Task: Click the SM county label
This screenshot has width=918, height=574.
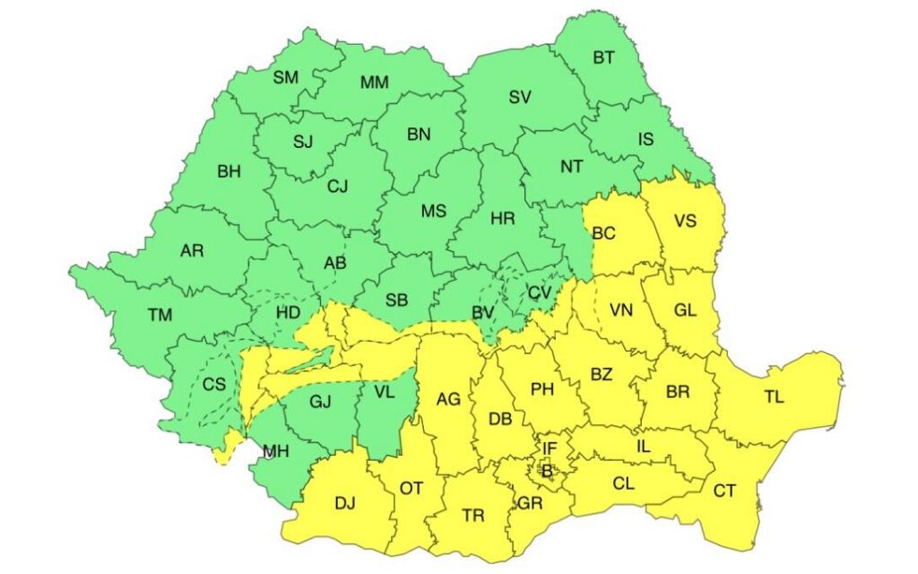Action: pyautogui.click(x=286, y=77)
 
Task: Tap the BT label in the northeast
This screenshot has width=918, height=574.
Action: pyautogui.click(x=603, y=58)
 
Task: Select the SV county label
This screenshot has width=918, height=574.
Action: pyautogui.click(x=520, y=98)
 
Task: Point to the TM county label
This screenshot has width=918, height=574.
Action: pyautogui.click(x=160, y=315)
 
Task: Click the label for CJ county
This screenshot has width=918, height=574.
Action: pyautogui.click(x=337, y=187)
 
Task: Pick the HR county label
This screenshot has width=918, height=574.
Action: pyautogui.click(x=503, y=218)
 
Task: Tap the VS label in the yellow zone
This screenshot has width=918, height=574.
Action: pyautogui.click(x=686, y=220)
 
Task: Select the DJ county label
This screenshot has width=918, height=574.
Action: pyautogui.click(x=345, y=503)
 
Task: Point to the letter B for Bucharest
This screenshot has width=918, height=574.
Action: pyautogui.click(x=547, y=469)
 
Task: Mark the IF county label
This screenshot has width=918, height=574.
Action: pyautogui.click(x=550, y=447)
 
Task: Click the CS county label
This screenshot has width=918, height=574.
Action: pyautogui.click(x=213, y=385)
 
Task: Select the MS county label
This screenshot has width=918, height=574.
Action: pyautogui.click(x=433, y=213)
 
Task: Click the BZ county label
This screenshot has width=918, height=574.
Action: pyautogui.click(x=601, y=374)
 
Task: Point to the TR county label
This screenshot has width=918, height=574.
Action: pyautogui.click(x=473, y=516)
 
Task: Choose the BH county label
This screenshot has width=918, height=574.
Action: pyautogui.click(x=229, y=171)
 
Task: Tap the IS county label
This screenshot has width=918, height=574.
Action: pyautogui.click(x=645, y=139)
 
